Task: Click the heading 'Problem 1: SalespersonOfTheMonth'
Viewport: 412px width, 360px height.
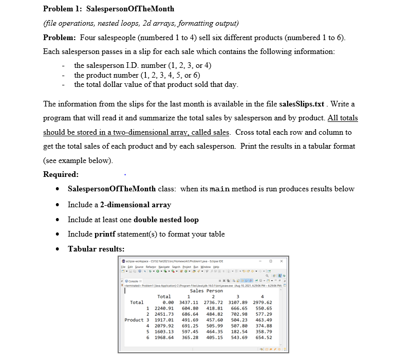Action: click(x=108, y=9)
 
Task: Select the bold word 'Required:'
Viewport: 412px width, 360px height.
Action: click(x=61, y=174)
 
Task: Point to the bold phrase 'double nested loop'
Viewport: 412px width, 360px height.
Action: click(x=166, y=219)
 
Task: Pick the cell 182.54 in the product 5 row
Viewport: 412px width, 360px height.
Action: click(x=238, y=332)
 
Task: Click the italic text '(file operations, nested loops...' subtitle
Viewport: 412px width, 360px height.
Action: click(x=141, y=24)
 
